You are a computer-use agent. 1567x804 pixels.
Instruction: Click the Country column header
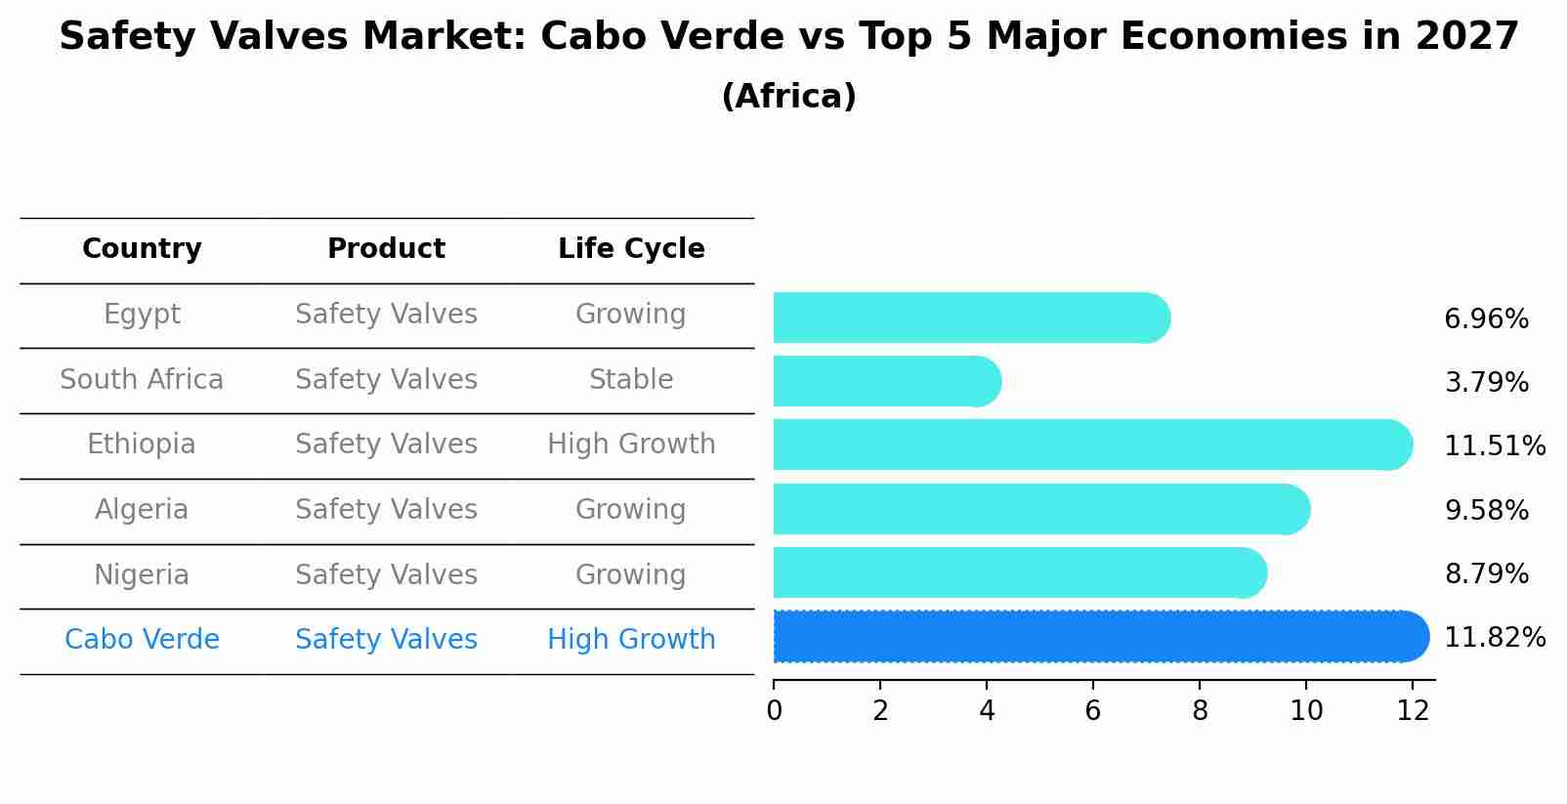(x=142, y=249)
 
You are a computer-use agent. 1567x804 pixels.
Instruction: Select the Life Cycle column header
(x=631, y=249)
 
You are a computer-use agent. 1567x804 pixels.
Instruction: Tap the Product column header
(x=386, y=249)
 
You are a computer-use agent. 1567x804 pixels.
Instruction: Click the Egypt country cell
(x=142, y=315)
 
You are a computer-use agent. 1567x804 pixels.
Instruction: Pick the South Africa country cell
(x=142, y=380)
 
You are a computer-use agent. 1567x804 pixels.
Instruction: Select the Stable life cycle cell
(x=631, y=380)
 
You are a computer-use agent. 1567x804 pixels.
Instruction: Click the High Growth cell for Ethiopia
(x=631, y=444)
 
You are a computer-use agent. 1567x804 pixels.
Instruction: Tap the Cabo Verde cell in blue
(x=142, y=640)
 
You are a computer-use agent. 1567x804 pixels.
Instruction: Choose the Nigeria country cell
(x=142, y=574)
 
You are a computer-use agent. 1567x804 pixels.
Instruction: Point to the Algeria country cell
(x=142, y=510)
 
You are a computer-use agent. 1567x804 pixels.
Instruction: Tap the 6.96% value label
(x=1486, y=319)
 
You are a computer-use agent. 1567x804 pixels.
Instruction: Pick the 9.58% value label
(x=1486, y=511)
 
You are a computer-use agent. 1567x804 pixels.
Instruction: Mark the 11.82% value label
(x=1495, y=638)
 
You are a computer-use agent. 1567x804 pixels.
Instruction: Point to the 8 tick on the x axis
(x=1200, y=710)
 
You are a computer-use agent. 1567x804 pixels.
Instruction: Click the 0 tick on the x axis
(x=775, y=710)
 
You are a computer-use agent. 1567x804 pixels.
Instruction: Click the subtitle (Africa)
(x=788, y=97)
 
